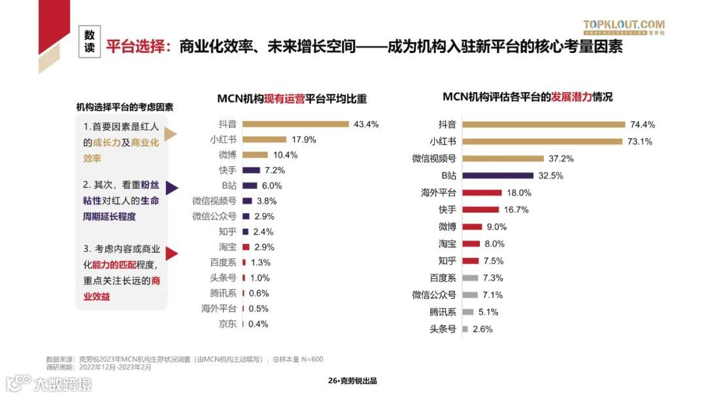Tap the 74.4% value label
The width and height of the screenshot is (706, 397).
[x=643, y=124]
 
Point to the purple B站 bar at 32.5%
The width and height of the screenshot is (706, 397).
[x=497, y=175]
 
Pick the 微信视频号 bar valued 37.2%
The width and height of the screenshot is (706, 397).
[x=503, y=158]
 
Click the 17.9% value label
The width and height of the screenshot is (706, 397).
[x=304, y=139]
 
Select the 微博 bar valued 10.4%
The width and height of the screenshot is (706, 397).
[x=255, y=155]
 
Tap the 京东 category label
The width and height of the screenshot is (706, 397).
[x=227, y=324]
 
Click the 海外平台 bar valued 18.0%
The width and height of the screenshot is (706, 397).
[x=482, y=192]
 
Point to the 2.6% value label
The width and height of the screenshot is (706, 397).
[x=482, y=329]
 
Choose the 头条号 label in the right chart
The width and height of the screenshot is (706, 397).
[x=443, y=329]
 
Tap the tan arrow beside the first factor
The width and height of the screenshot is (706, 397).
[x=171, y=134]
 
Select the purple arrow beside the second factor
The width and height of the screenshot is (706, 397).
[x=172, y=188]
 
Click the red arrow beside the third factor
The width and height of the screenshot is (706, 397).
[x=172, y=254]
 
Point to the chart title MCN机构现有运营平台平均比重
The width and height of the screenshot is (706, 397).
[x=292, y=99]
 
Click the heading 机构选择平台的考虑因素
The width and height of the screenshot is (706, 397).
[x=125, y=107]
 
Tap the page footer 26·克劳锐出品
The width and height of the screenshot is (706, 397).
[x=352, y=381]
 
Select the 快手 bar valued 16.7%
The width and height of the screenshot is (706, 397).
[x=480, y=210]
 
